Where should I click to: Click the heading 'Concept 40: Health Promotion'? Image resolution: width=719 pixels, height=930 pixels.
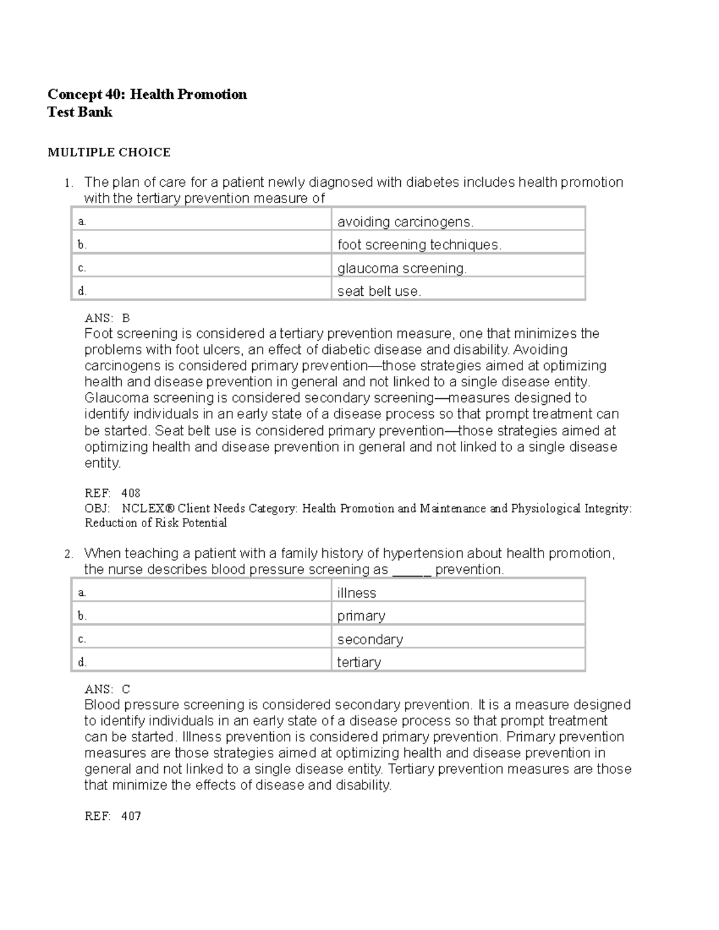tap(147, 95)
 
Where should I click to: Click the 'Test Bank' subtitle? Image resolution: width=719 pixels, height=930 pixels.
tap(80, 113)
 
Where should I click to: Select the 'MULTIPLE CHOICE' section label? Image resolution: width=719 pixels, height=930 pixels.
tap(109, 153)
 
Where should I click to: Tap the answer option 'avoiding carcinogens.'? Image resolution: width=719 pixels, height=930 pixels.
tap(405, 222)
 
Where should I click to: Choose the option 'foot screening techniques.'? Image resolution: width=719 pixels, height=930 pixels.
tap(419, 245)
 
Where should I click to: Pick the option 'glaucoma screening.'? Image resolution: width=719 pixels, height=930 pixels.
tap(401, 269)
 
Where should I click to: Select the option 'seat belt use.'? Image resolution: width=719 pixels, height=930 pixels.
tap(379, 292)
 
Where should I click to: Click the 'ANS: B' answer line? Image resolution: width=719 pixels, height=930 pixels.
tap(107, 318)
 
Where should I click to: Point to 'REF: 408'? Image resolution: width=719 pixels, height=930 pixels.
tap(113, 493)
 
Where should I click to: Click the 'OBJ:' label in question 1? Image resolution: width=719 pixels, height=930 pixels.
tap(97, 508)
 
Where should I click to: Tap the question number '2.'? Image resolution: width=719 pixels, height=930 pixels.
tap(69, 555)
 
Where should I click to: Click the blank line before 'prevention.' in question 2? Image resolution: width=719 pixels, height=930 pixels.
tap(412, 570)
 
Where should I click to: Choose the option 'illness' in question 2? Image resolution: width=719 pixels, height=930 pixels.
tap(357, 593)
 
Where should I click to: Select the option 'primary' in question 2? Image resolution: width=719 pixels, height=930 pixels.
tap(361, 616)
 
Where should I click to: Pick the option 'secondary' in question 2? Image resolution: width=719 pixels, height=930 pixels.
tap(370, 640)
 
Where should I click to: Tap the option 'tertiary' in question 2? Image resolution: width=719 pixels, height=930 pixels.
tap(359, 662)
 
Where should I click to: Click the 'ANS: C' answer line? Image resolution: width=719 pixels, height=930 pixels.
tap(107, 689)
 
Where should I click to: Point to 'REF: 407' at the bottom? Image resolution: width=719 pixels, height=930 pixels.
tap(113, 816)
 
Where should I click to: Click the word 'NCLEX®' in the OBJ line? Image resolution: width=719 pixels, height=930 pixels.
tap(148, 508)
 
